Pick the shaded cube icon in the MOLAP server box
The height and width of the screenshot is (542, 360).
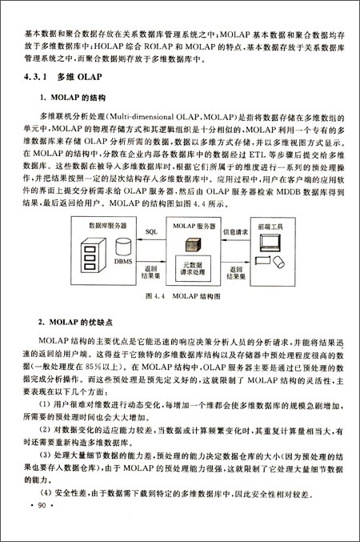point(193,243)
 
